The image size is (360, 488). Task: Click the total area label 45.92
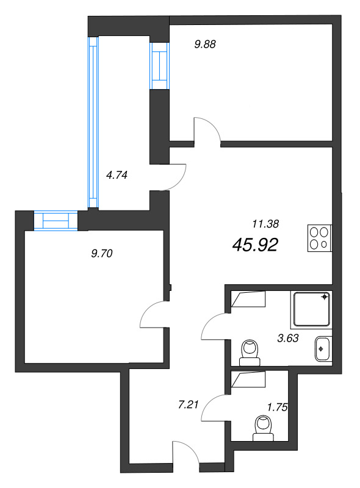point(255,245)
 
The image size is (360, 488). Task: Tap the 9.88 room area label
point(205,44)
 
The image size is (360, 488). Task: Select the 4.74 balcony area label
point(117,175)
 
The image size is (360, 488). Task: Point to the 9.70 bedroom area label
point(101,254)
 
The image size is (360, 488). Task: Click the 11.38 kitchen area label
point(265,223)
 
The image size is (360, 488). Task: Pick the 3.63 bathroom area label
point(288,338)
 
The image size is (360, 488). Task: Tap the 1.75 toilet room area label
point(278,407)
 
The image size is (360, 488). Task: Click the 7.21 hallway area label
point(188,405)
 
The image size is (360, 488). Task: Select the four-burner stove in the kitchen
point(320,238)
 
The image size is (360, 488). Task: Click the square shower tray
point(311,310)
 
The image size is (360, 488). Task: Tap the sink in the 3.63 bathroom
point(323,349)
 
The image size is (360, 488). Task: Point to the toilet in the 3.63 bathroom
point(250,353)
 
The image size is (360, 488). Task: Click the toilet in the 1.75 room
point(263,428)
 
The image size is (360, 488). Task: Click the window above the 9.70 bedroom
point(56,221)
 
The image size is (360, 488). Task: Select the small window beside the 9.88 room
point(159,66)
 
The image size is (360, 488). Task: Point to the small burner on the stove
point(324,245)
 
